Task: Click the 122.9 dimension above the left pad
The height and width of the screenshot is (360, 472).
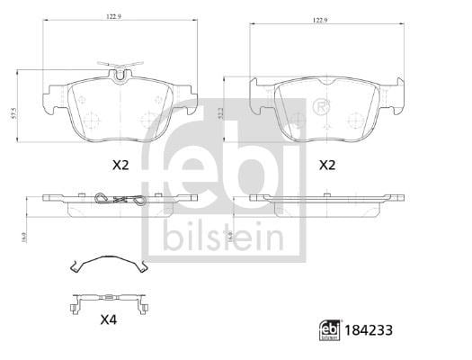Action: pyautogui.click(x=114, y=17)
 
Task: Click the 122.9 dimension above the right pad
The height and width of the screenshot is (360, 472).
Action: pyautogui.click(x=320, y=20)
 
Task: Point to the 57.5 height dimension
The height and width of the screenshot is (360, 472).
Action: pyautogui.click(x=13, y=114)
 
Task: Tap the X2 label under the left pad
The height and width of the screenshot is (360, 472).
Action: pyautogui.click(x=120, y=165)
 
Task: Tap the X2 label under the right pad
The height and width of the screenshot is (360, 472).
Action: pyautogui.click(x=327, y=165)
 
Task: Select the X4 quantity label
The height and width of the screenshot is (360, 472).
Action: pyautogui.click(x=109, y=319)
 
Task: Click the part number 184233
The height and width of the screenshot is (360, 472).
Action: pyautogui.click(x=369, y=330)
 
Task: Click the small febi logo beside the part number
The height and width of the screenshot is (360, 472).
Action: pyautogui.click(x=330, y=330)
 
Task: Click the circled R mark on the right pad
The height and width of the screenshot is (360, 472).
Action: pyautogui.click(x=321, y=106)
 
